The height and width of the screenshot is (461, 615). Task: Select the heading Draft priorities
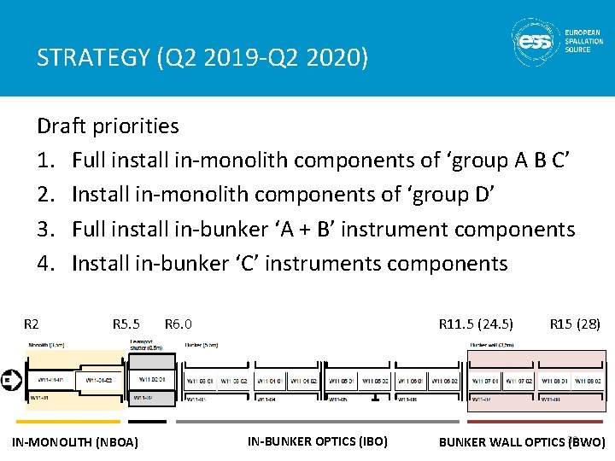(x=108, y=126)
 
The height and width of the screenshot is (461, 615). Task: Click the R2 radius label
(x=31, y=324)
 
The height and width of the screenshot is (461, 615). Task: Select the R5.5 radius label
(x=126, y=324)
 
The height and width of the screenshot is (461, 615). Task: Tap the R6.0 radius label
(x=179, y=324)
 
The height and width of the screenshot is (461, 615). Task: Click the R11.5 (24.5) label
(x=476, y=324)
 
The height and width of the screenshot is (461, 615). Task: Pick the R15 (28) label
(x=575, y=324)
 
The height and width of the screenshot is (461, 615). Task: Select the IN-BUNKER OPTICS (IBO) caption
(x=318, y=441)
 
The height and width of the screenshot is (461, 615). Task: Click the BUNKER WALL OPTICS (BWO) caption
(x=522, y=442)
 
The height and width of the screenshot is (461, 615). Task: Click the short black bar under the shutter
(x=147, y=421)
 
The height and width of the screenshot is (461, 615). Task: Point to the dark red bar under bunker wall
(x=536, y=421)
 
